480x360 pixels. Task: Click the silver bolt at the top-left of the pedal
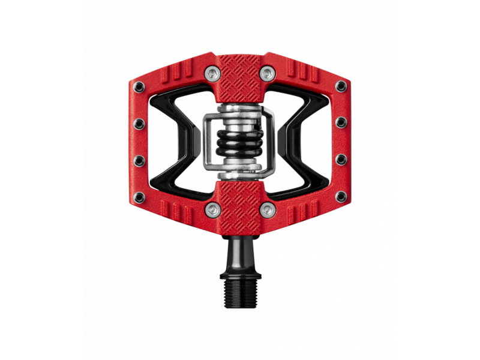coord(212,73)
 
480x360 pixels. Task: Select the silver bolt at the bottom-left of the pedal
coord(212,208)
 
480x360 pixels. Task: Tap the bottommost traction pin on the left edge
coord(139,196)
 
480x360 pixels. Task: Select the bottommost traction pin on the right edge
coord(341,196)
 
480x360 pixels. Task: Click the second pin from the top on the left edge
coord(139,122)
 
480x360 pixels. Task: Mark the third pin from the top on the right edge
coord(341,160)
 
